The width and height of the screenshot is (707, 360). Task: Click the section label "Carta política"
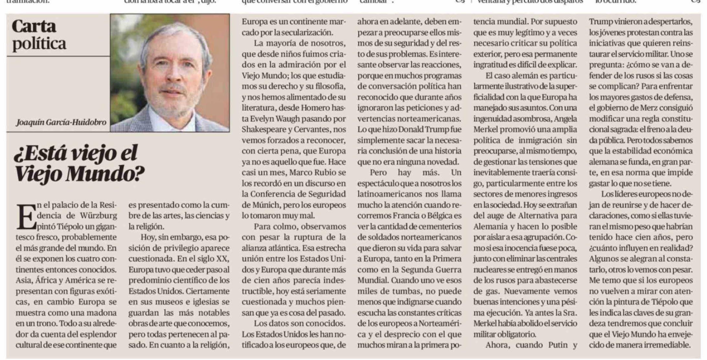pyautogui.click(x=39, y=35)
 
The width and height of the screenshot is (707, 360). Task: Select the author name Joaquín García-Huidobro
pyautogui.click(x=61, y=122)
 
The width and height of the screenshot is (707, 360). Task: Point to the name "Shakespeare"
pyautogui.click(x=265, y=129)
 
